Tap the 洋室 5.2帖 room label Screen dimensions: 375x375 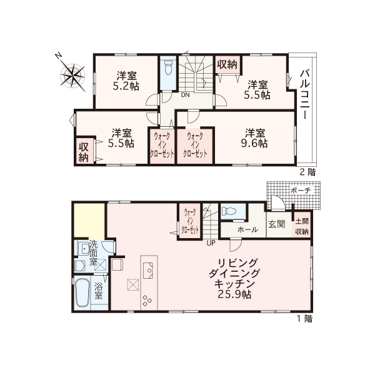point(126,81)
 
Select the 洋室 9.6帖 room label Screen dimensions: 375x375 point(254,138)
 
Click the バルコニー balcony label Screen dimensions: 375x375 point(305,94)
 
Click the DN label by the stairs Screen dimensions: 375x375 point(185,95)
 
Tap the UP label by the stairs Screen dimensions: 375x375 point(211,243)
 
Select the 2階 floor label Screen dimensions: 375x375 point(307,172)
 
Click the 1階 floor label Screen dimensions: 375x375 point(305,319)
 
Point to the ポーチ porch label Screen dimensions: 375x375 point(301,191)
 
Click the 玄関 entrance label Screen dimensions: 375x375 point(276,224)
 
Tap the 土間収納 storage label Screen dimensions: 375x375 point(302,226)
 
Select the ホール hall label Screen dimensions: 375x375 point(247,230)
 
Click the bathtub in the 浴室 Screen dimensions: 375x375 point(82,294)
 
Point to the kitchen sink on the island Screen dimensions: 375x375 point(148,271)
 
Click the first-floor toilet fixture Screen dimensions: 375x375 point(228,211)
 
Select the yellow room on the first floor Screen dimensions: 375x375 point(89,221)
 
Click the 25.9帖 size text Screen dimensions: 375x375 point(234,294)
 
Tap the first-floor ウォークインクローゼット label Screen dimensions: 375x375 point(191,221)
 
